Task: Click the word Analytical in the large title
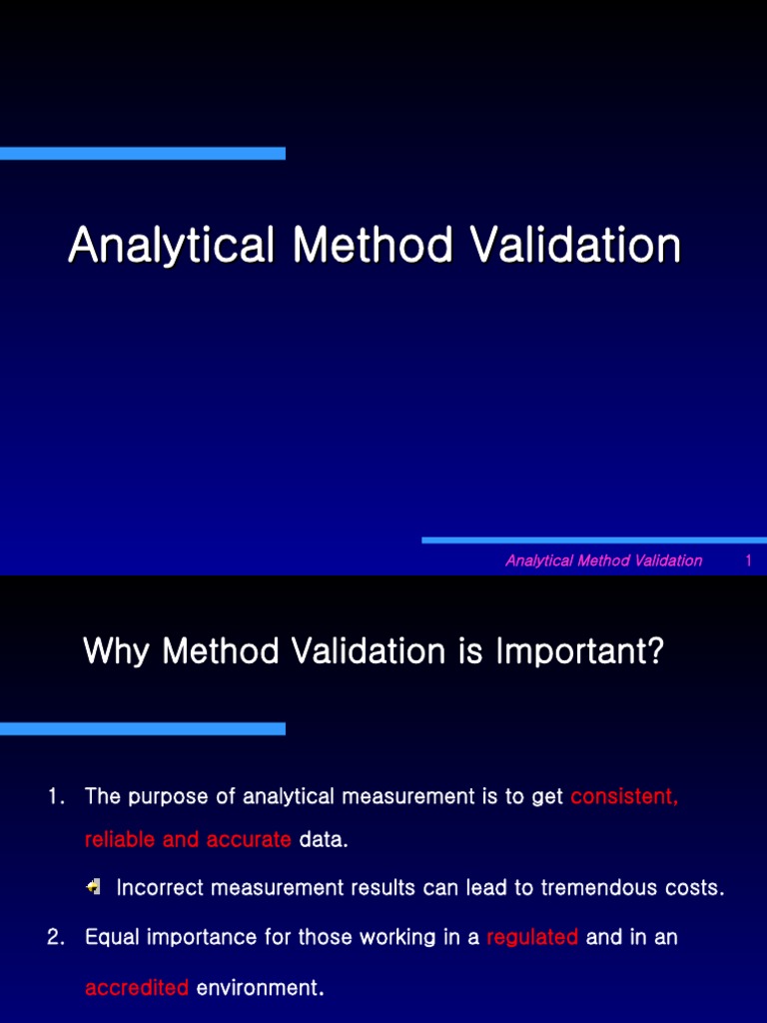click(x=171, y=246)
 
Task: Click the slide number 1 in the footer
click(x=748, y=560)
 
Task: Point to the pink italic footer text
click(x=604, y=560)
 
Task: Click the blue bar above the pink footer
click(x=594, y=540)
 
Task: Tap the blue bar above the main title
click(x=143, y=153)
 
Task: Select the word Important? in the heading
click(x=579, y=651)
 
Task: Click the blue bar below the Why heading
click(x=143, y=728)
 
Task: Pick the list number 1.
click(x=56, y=796)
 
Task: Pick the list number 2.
click(x=56, y=937)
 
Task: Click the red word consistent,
click(x=624, y=796)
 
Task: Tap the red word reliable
click(x=120, y=839)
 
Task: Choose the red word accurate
click(x=249, y=839)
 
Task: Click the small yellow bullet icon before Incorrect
click(x=93, y=887)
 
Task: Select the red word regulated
click(x=532, y=937)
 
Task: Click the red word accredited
click(x=136, y=988)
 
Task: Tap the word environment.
click(x=261, y=988)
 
